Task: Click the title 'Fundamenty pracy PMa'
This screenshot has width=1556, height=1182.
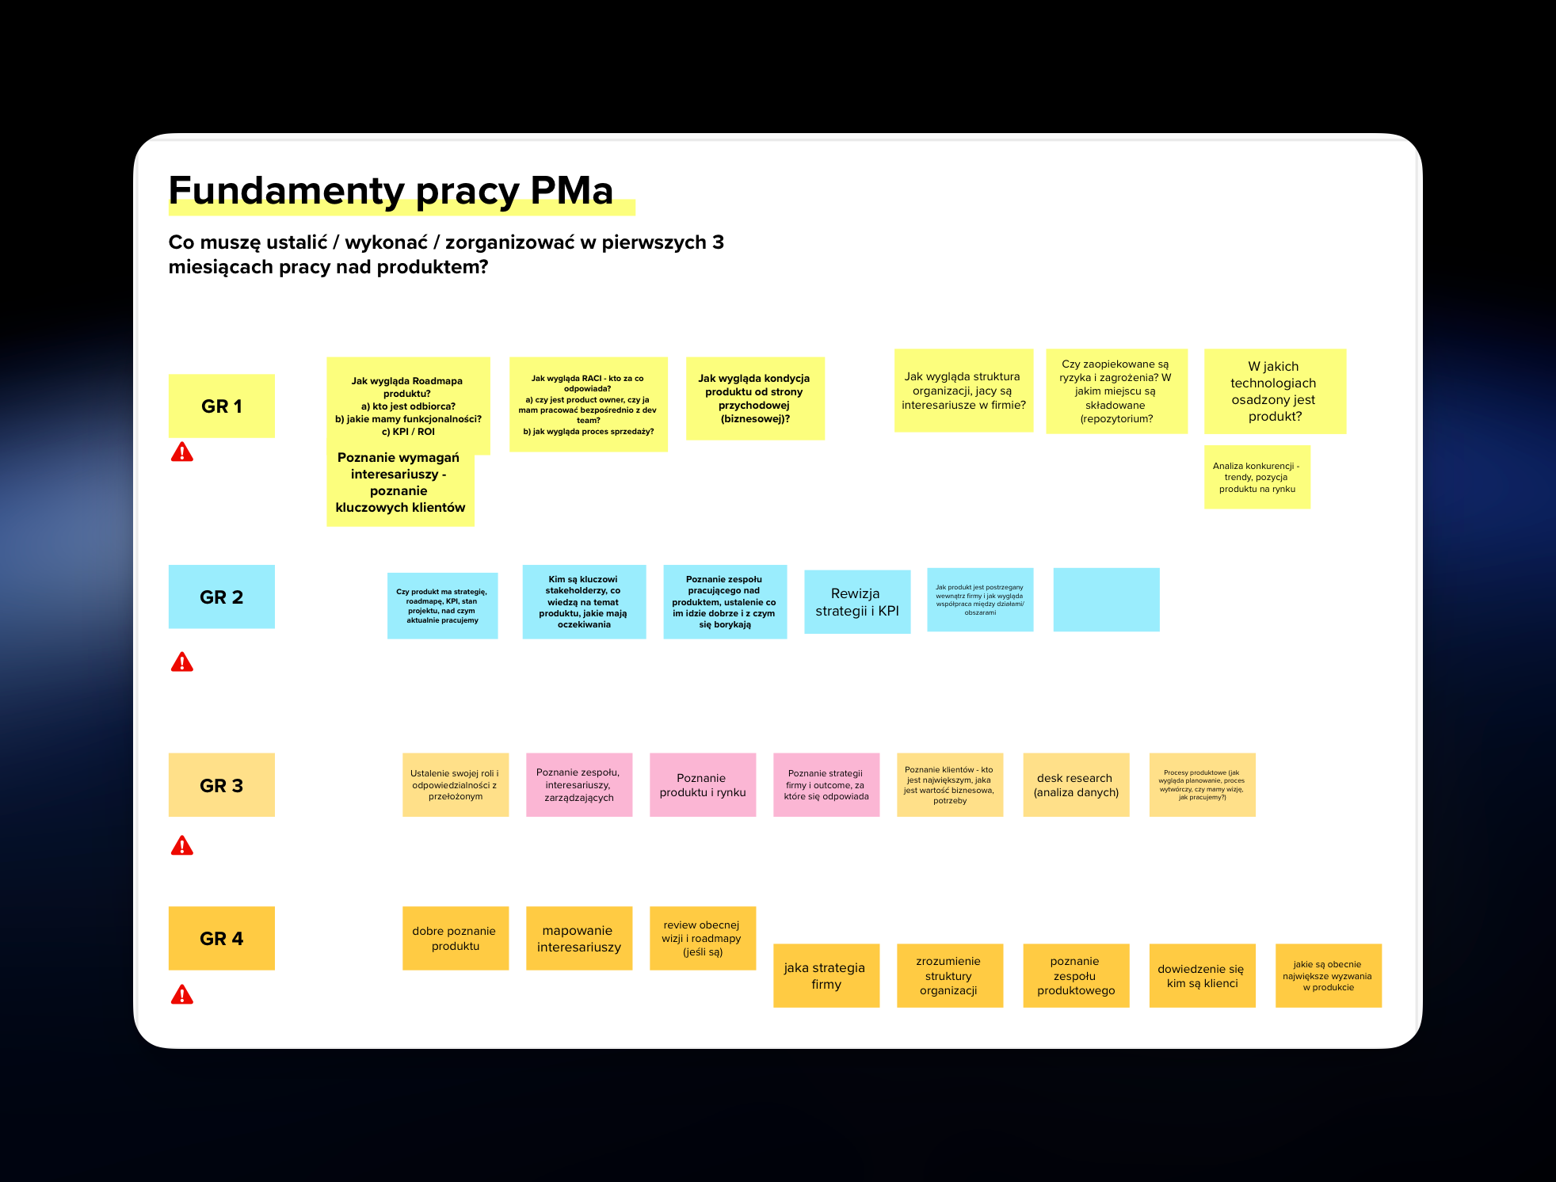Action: click(x=391, y=191)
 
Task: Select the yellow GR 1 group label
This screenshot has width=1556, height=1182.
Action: click(x=222, y=406)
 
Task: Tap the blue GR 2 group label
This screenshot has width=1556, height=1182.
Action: click(x=222, y=597)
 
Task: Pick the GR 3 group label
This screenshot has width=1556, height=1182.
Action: click(x=222, y=785)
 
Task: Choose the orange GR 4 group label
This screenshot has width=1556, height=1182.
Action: click(x=222, y=938)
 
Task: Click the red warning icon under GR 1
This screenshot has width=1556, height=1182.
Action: click(x=182, y=452)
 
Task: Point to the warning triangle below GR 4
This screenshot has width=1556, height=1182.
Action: click(x=182, y=995)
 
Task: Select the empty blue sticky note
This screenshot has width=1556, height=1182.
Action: click(x=1106, y=600)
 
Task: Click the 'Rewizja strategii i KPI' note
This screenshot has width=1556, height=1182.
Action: click(x=857, y=602)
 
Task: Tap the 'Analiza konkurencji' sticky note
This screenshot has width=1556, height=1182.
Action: click(x=1257, y=477)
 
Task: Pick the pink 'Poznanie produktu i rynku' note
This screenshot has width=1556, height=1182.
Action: click(x=703, y=785)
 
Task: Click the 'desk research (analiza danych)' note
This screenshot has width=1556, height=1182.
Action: click(x=1076, y=785)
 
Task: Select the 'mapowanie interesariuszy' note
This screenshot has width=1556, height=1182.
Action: click(x=579, y=938)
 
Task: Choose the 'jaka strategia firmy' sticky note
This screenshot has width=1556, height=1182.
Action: click(x=826, y=975)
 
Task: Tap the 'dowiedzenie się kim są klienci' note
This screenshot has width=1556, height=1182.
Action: click(x=1202, y=975)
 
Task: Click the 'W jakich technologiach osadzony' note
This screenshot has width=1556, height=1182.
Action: click(x=1275, y=391)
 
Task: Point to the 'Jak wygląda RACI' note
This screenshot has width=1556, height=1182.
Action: click(x=588, y=404)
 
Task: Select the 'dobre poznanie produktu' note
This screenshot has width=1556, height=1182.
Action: click(x=456, y=938)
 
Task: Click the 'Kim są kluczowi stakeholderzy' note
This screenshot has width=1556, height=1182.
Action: click(x=584, y=602)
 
